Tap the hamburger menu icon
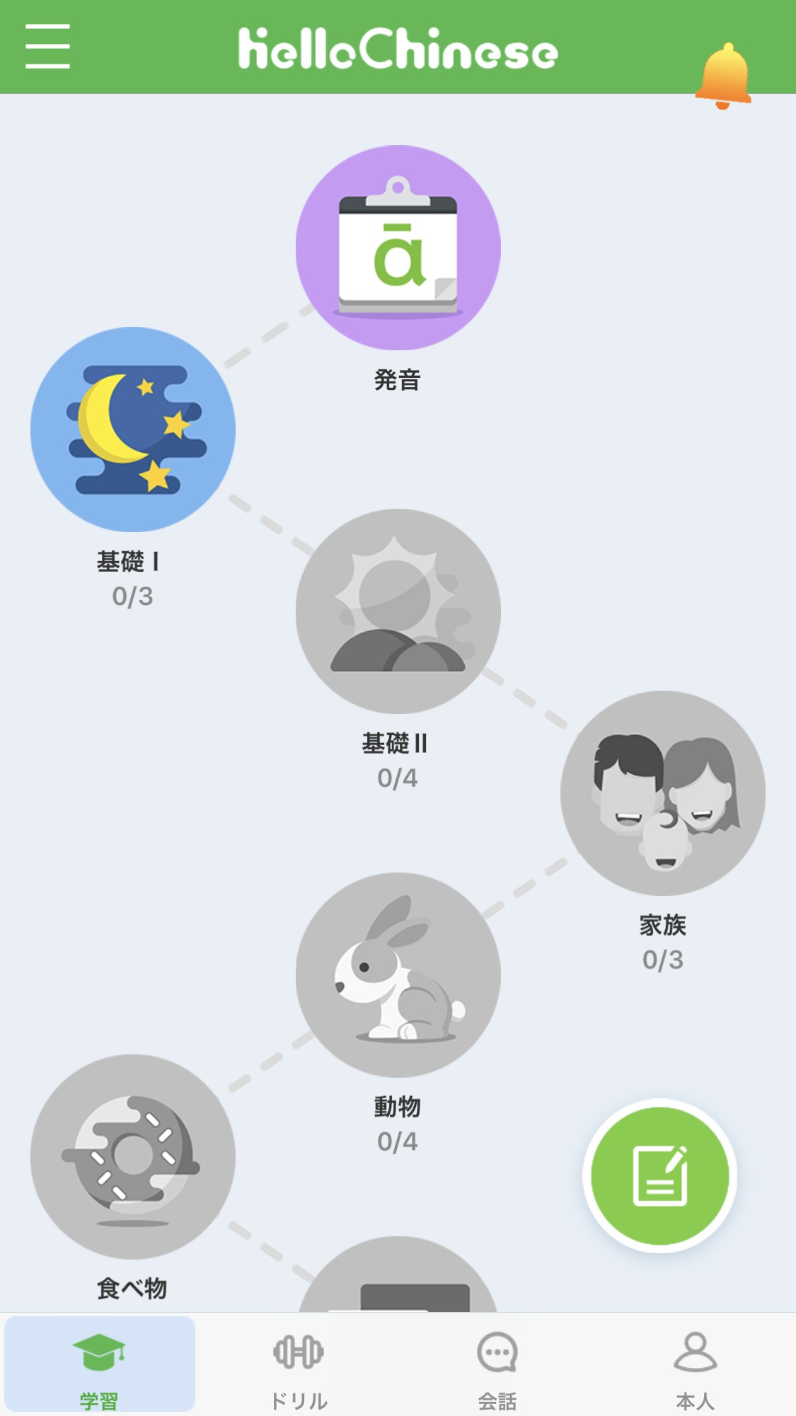pos(47,47)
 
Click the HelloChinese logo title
pos(398,50)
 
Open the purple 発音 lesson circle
pos(398,248)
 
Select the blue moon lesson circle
pos(133,429)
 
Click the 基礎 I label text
pos(128,562)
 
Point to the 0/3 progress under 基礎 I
pos(132,597)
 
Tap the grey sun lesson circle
pos(398,611)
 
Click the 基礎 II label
pos(395,744)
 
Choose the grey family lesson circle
pos(662,793)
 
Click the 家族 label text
pos(662,925)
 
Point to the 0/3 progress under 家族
pos(662,960)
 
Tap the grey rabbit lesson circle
pos(398,974)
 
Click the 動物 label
pos(398,1107)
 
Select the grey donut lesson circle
pos(133,1156)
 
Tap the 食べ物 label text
pos(132,1289)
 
